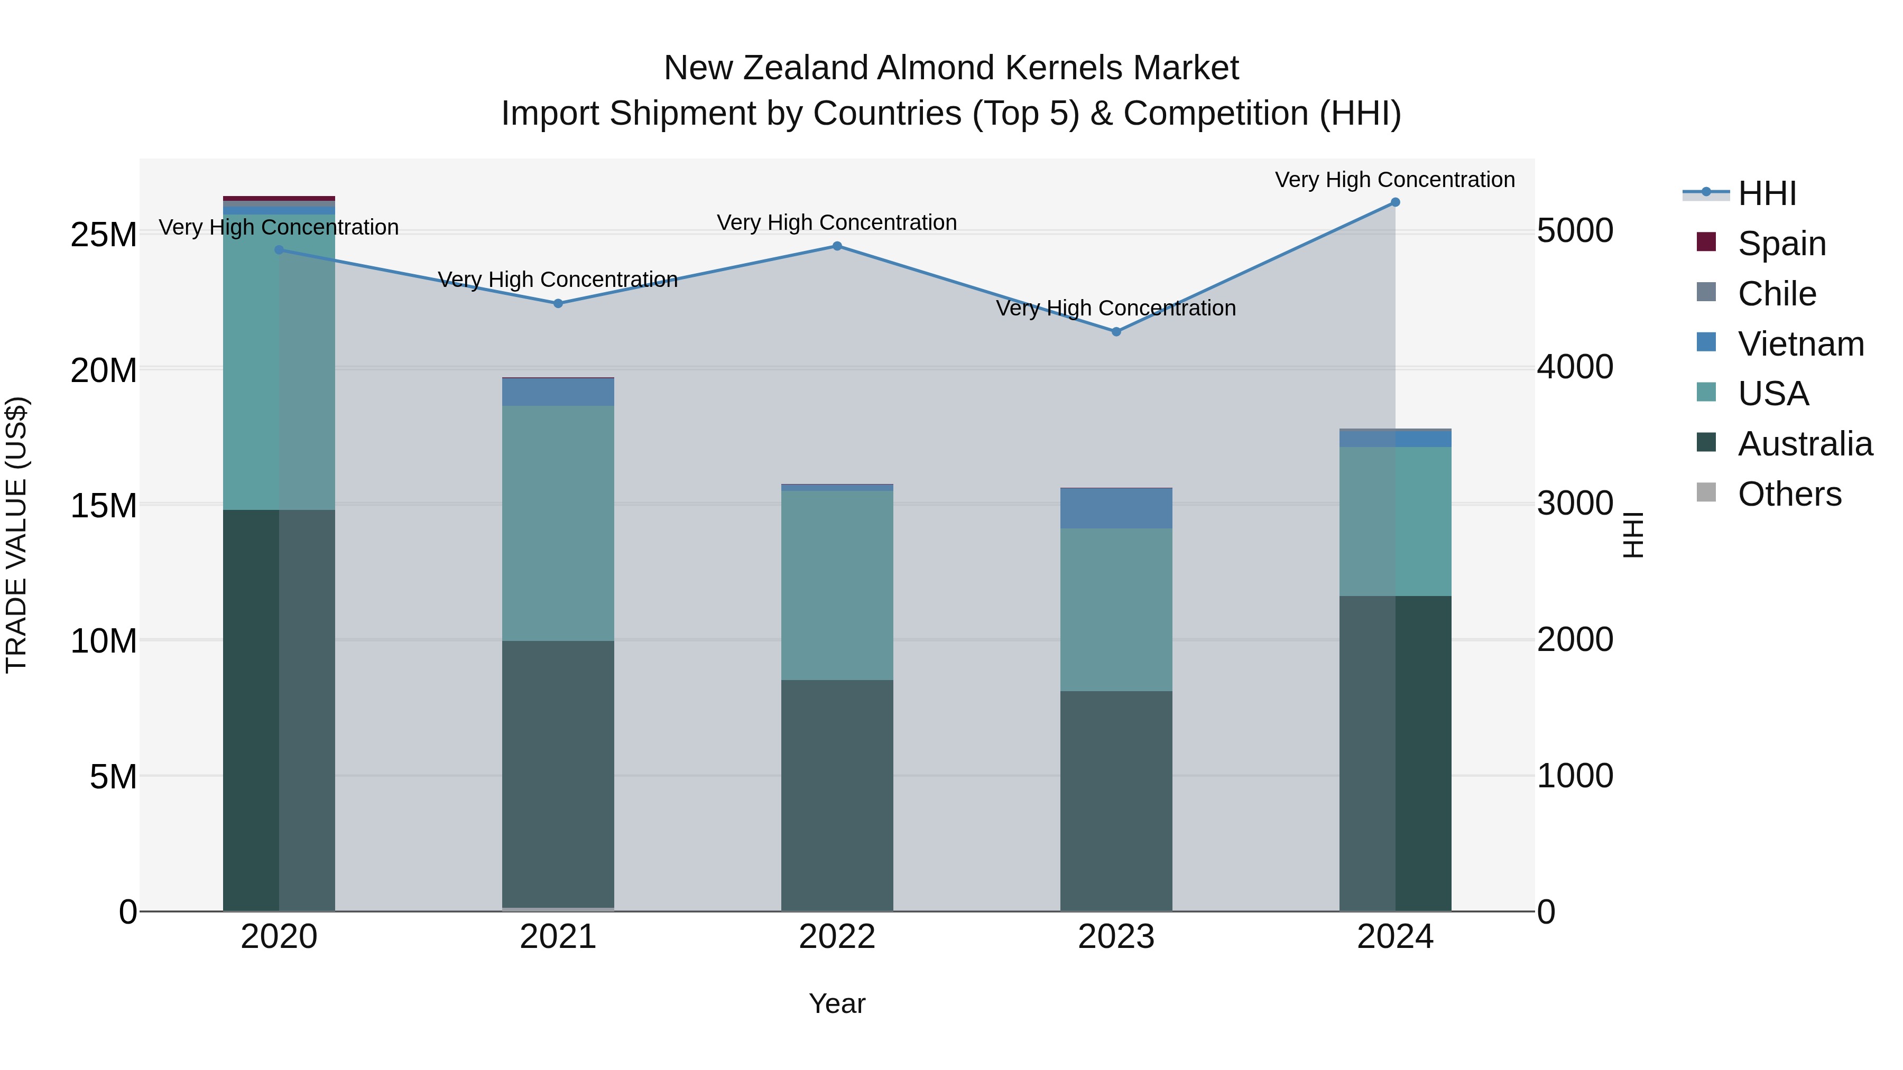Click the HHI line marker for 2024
click(1395, 202)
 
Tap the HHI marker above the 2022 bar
click(837, 246)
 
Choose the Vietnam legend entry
click(1800, 344)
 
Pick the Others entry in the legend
click(1789, 494)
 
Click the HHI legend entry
click(1766, 193)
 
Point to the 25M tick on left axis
click(104, 235)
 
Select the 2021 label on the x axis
click(558, 937)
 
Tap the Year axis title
click(837, 1003)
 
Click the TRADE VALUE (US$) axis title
click(16, 535)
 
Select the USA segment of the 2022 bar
click(837, 585)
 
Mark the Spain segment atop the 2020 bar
click(279, 199)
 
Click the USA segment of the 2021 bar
click(558, 523)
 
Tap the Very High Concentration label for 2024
click(1395, 180)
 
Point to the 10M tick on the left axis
click(104, 641)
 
